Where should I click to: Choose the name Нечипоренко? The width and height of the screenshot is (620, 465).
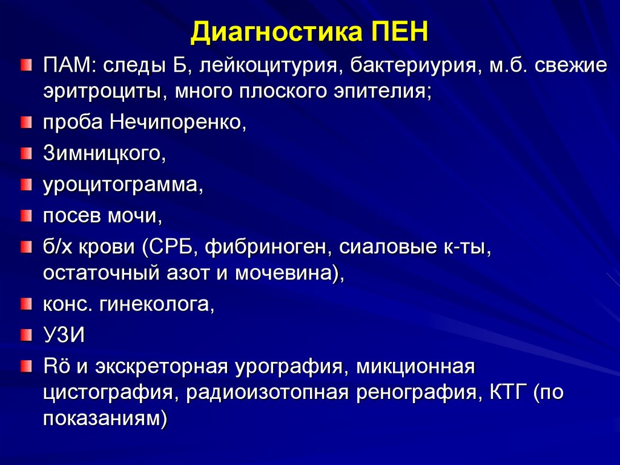point(178,123)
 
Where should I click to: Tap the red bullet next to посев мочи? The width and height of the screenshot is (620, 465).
point(25,215)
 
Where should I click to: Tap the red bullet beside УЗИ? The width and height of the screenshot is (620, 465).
point(25,334)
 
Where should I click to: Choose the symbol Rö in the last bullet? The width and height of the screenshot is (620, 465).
point(53,366)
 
